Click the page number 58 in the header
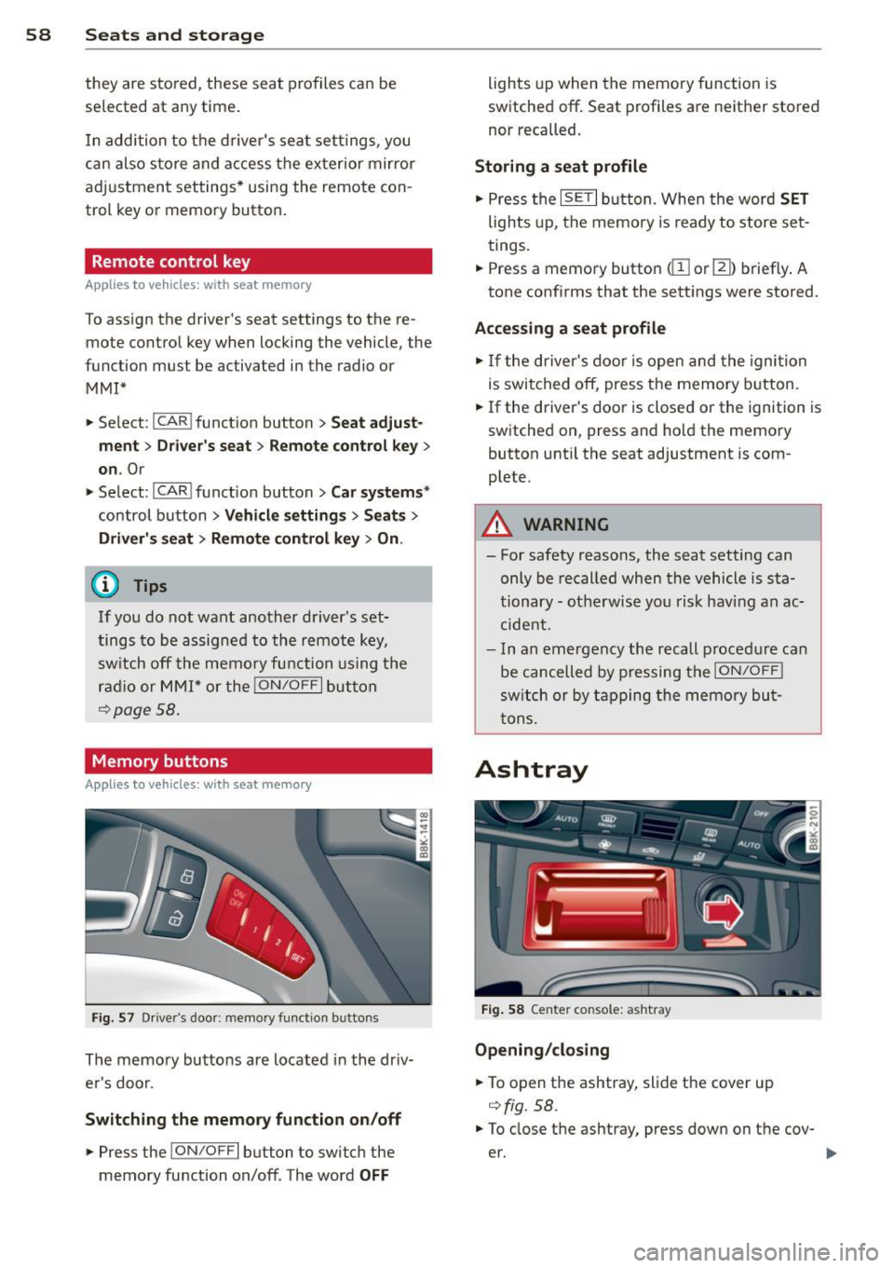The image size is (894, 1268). click(x=38, y=35)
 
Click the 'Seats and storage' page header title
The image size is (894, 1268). click(x=174, y=35)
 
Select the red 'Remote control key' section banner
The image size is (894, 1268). click(x=258, y=262)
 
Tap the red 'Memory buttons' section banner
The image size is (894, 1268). click(x=258, y=761)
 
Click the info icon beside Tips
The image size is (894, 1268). click(x=105, y=585)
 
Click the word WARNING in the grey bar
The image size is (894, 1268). click(x=566, y=525)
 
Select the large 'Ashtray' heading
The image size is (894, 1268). click(x=531, y=770)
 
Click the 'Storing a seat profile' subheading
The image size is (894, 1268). click(x=561, y=167)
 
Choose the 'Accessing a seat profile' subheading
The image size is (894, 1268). click(x=570, y=328)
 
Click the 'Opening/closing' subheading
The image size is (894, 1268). click(x=542, y=1050)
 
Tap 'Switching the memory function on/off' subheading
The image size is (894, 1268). click(x=243, y=1119)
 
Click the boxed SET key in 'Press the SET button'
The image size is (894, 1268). click(x=578, y=198)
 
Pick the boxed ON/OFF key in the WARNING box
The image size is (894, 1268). click(x=749, y=671)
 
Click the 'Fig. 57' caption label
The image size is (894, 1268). click(x=113, y=1018)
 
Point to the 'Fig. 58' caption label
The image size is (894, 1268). click(x=503, y=1010)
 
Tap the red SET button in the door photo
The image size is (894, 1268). click(x=297, y=958)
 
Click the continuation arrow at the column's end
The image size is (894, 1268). click(x=831, y=1153)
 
